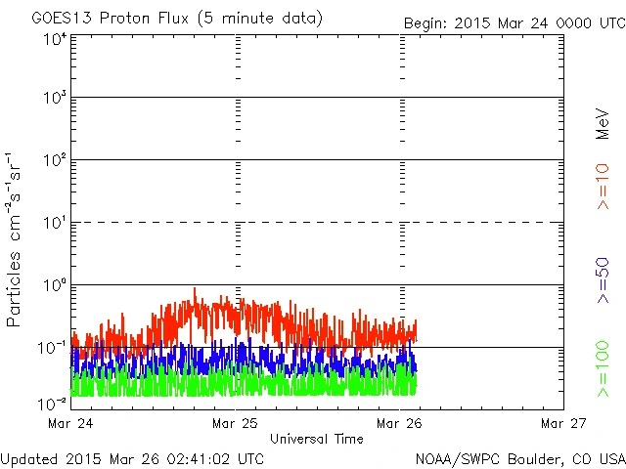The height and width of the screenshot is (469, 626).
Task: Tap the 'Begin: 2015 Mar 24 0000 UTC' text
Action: click(514, 22)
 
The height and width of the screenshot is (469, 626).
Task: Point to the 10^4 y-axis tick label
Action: click(55, 40)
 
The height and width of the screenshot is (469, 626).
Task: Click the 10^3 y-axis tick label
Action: click(55, 99)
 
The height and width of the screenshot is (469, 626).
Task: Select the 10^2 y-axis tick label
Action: click(55, 161)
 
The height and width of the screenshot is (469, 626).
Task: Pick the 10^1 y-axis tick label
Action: click(55, 224)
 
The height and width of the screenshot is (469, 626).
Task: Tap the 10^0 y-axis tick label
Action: click(55, 286)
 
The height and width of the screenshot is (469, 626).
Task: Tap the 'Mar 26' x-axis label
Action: click(400, 423)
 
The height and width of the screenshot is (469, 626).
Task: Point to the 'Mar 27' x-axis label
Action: click(563, 423)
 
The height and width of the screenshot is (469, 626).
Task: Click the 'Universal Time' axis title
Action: click(316, 439)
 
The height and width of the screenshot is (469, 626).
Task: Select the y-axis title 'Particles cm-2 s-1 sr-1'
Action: click(17, 239)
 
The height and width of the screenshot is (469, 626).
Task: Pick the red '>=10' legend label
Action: click(604, 186)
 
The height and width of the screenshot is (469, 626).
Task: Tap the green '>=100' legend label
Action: click(604, 368)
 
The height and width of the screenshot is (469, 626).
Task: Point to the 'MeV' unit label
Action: click(604, 124)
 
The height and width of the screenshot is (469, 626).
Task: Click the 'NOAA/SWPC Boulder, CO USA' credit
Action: click(519, 457)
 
